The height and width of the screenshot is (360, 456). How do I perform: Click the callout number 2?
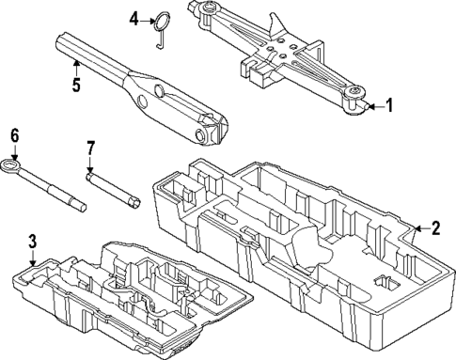pyautogui.click(x=435, y=227)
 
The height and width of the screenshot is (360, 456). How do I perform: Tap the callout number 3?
pyautogui.click(x=31, y=241)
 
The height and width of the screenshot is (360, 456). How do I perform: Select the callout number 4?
pyautogui.click(x=134, y=18)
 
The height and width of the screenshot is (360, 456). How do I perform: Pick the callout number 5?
pyautogui.click(x=76, y=83)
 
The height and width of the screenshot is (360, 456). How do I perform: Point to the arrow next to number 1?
pyautogui.click(x=374, y=106)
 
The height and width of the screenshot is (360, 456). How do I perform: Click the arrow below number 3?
pyautogui.click(x=31, y=258)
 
